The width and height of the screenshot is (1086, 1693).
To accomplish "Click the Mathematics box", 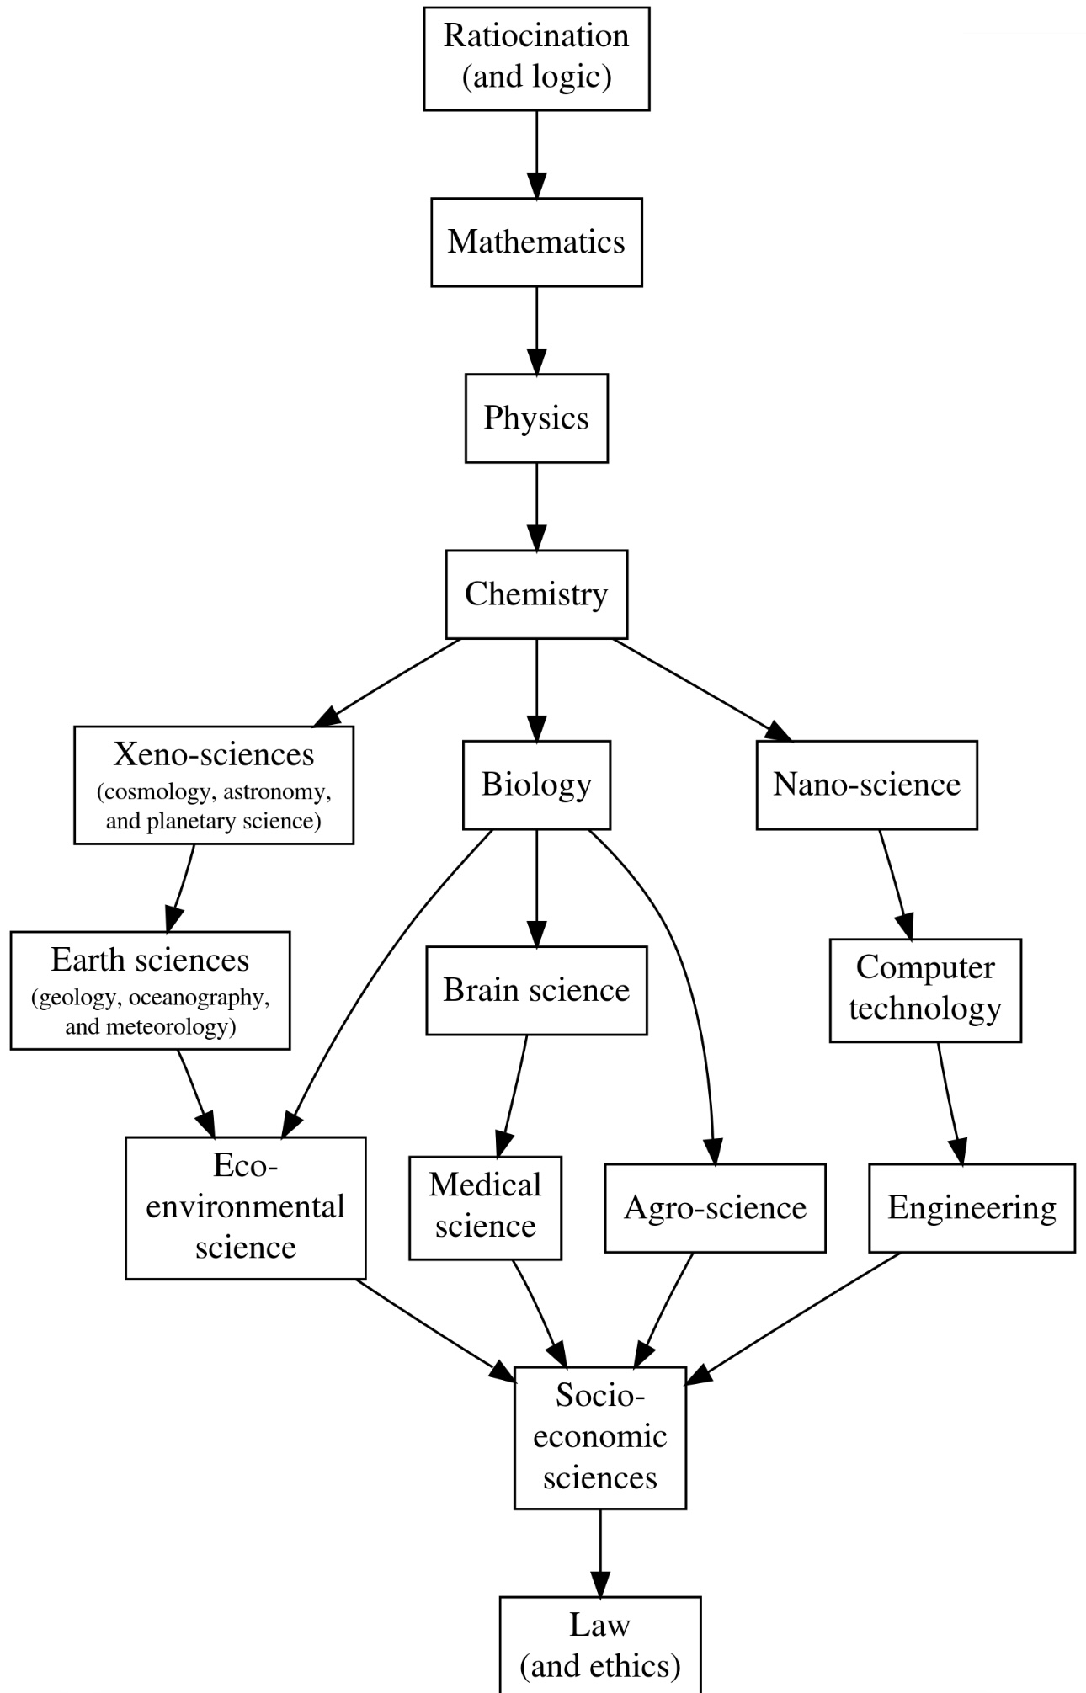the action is click(x=536, y=242).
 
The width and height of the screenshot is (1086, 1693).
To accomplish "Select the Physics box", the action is click(x=536, y=418).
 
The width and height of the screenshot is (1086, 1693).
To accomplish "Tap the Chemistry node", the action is click(x=536, y=594).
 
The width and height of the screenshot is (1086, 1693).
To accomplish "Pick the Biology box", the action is click(x=536, y=785).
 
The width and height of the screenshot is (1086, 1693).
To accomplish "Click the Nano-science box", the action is click(x=866, y=785).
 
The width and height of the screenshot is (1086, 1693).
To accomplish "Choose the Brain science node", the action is click(x=536, y=990).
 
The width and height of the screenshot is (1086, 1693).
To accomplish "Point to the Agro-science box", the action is click(x=715, y=1208).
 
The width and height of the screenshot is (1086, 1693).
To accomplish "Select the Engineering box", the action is click(x=972, y=1208).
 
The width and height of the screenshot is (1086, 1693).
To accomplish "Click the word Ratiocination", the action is click(x=536, y=36).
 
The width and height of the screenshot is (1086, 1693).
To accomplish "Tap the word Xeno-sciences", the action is click(x=214, y=754).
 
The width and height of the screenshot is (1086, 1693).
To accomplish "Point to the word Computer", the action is click(x=925, y=968).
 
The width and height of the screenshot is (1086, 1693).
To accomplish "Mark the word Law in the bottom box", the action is click(x=599, y=1626).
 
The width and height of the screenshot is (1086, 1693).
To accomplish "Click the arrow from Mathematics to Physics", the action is click(x=536, y=331).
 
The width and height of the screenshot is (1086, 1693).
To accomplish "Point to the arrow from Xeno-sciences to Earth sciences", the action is click(x=182, y=887).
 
